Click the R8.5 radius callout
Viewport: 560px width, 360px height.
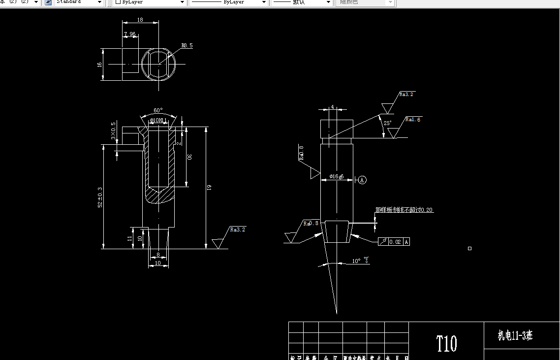pos(187,45)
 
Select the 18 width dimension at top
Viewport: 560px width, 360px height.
pos(140,20)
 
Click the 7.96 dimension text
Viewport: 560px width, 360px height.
pos(130,34)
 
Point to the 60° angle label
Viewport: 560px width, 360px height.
pos(158,110)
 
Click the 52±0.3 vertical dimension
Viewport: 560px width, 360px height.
pos(100,197)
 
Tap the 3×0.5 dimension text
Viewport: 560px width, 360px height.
pos(114,131)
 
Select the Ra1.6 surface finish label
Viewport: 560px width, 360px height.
pos(413,119)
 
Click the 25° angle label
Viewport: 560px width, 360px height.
pos(388,123)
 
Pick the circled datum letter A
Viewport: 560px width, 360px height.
pos(362,180)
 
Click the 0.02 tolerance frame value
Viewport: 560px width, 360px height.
pos(395,242)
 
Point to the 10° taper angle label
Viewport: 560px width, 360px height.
pos(356,261)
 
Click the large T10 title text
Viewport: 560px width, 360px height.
pos(446,343)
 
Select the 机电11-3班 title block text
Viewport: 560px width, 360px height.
pos(515,336)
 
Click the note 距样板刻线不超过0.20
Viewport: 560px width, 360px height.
pos(404,210)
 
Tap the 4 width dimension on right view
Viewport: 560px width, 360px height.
pos(332,107)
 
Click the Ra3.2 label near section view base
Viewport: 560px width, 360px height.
pos(238,229)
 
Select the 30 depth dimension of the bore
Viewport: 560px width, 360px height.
pos(189,156)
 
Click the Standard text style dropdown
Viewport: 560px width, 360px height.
pos(74,2)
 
